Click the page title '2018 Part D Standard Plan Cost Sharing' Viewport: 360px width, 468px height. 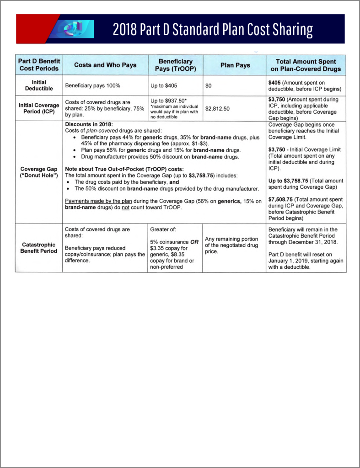click(x=213, y=30)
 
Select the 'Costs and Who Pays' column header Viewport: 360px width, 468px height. click(x=105, y=65)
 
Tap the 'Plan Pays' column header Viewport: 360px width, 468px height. click(x=235, y=65)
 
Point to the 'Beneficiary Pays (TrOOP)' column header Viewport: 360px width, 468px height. click(x=176, y=65)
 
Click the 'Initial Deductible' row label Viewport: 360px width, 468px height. click(x=39, y=85)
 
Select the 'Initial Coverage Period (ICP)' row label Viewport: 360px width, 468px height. click(x=39, y=109)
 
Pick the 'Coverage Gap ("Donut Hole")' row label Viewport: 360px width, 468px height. click(x=39, y=172)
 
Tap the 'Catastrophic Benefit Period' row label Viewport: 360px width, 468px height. click(x=39, y=248)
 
